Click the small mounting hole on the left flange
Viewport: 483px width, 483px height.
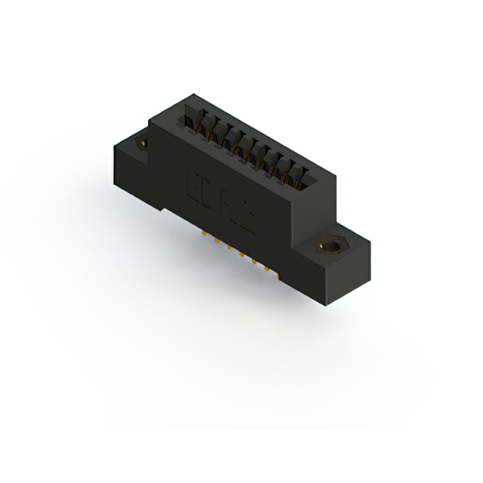click(140, 143)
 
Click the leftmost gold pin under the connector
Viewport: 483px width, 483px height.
click(205, 236)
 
